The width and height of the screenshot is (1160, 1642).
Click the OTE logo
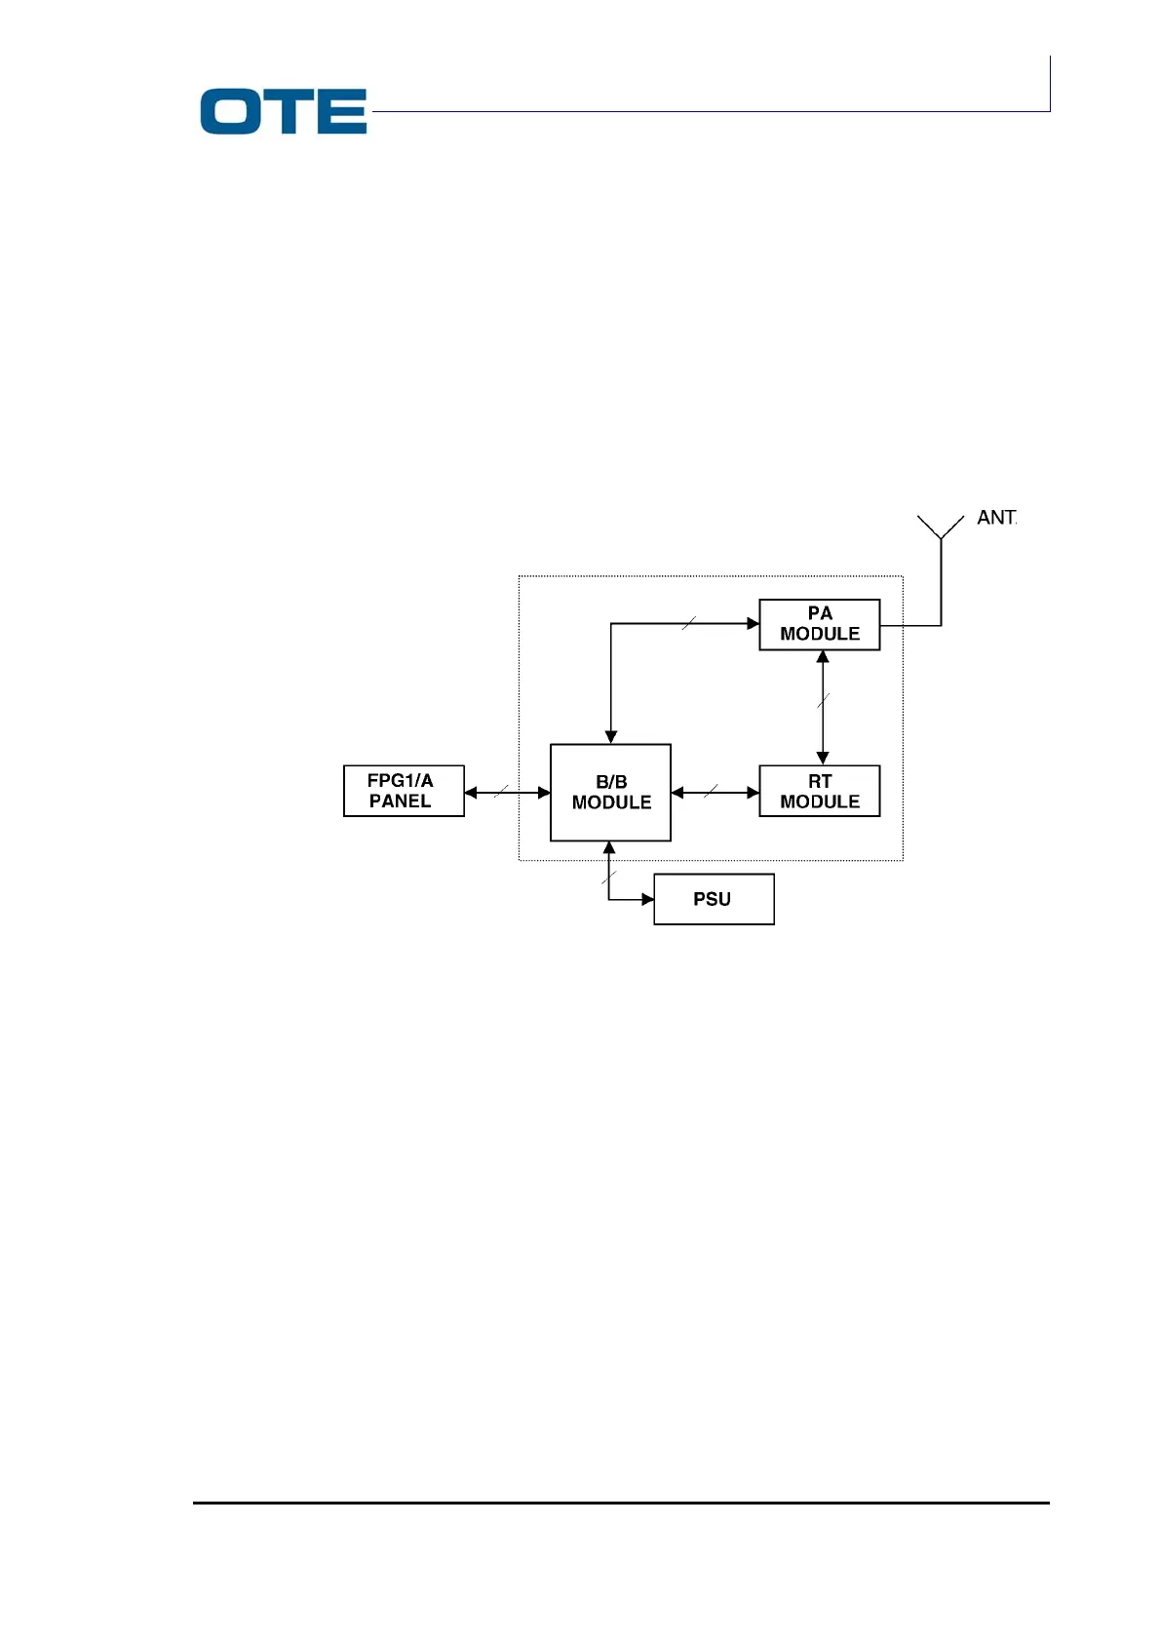point(283,111)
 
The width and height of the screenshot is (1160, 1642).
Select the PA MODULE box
point(819,624)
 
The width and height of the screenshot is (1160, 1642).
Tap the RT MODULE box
point(819,791)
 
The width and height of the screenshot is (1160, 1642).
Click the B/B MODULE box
point(610,792)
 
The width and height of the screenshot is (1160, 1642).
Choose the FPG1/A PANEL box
point(404,791)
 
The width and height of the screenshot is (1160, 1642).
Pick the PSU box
point(714,899)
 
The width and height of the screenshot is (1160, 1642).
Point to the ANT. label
point(996,518)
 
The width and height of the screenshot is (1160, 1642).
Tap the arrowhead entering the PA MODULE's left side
point(753,623)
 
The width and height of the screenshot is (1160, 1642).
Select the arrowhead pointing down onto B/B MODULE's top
point(611,737)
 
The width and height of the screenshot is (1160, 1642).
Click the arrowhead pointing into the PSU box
point(647,899)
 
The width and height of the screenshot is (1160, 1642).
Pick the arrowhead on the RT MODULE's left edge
point(753,793)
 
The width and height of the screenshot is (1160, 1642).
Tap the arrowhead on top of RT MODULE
point(823,758)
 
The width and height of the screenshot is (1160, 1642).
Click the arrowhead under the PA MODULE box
point(823,657)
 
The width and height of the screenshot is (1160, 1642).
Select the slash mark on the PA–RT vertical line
point(823,699)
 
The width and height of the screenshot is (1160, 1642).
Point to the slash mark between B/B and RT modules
point(711,791)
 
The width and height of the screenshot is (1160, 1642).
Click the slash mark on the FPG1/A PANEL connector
point(502,791)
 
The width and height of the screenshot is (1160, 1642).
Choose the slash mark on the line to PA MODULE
point(689,623)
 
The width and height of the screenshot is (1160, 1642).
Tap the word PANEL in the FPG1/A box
point(400,801)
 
